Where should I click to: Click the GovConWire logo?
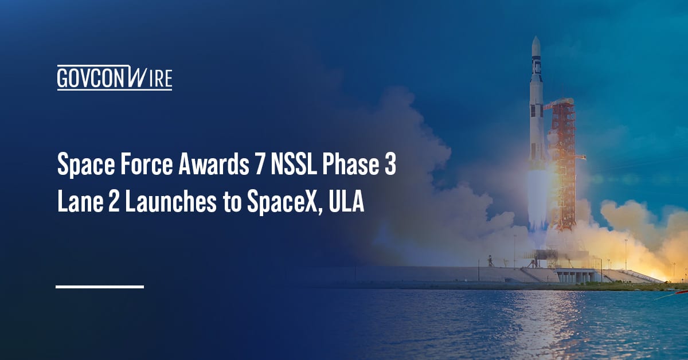click(114, 79)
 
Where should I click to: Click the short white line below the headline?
click(99, 286)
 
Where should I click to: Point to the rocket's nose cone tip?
click(535, 38)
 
